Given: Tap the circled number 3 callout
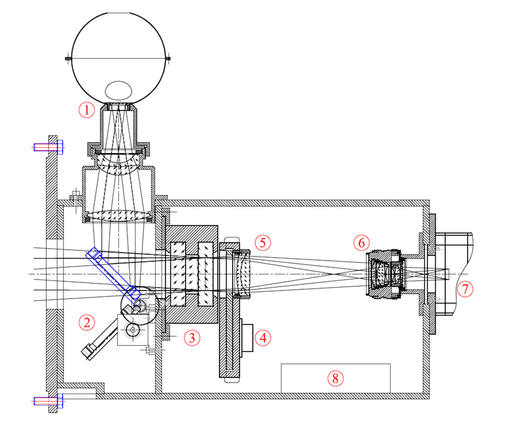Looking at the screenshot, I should tap(192, 337).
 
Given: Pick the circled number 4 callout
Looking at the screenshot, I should tap(262, 337).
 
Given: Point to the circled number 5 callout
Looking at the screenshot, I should tap(262, 242).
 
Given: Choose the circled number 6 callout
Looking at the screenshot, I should tap(361, 242).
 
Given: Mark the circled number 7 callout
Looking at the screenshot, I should tap(464, 289).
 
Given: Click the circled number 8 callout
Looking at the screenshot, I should tap(334, 378).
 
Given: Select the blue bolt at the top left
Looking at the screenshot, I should tap(48, 147).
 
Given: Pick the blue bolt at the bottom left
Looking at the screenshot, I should tap(48, 400).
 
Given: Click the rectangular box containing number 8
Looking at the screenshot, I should tap(335, 378).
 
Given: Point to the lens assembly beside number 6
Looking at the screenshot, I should tap(385, 274).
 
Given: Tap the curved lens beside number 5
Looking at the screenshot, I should tap(242, 274).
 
